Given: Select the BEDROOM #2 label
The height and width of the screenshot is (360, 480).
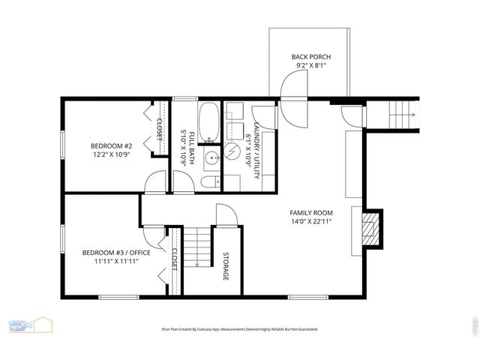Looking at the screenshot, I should [111, 145].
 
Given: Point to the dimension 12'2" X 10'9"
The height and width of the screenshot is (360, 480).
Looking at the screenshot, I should [111, 155].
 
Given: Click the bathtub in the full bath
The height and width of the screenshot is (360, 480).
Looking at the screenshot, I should [209, 123].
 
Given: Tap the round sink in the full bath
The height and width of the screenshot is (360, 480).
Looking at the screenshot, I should [211, 157].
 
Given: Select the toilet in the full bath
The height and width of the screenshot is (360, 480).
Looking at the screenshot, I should [210, 182].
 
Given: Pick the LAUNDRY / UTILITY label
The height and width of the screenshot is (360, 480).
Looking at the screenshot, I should [256, 150].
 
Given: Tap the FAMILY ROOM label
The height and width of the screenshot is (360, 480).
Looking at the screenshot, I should [310, 212].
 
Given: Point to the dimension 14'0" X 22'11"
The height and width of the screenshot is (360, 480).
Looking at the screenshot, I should [310, 222].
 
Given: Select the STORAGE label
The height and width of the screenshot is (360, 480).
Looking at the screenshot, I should [225, 266].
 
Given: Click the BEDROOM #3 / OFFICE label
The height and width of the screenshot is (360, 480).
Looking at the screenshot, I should [116, 253].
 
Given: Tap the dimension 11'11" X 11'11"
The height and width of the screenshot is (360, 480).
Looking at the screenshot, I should [116, 262].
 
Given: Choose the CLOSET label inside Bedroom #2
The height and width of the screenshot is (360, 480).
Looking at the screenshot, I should [159, 127].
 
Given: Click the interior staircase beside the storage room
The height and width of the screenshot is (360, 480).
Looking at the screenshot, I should [196, 247].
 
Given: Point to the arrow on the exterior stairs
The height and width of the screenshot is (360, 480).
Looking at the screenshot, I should [407, 115].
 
